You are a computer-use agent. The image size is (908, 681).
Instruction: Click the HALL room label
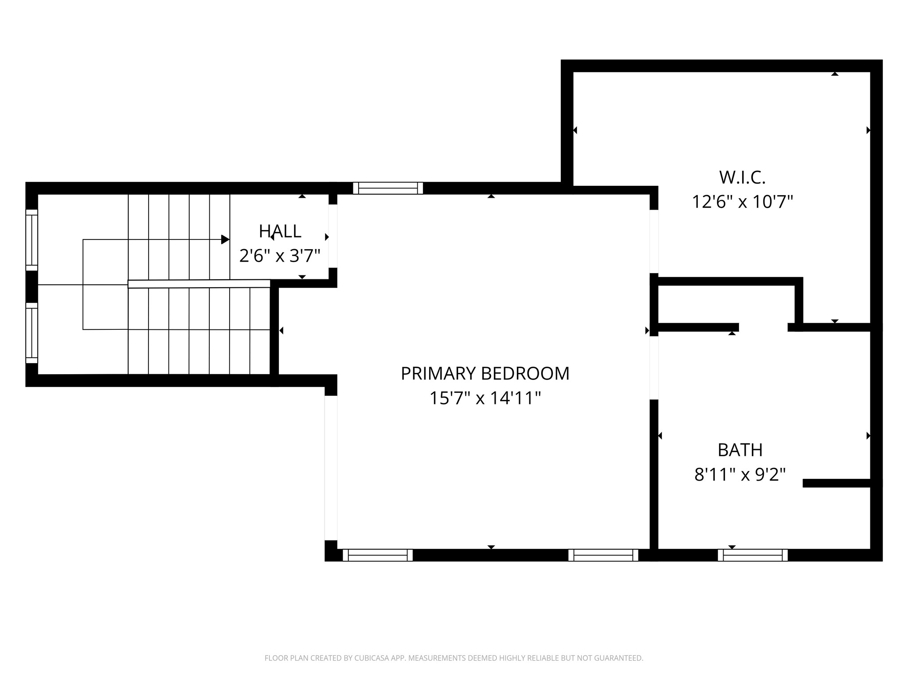[x=280, y=231]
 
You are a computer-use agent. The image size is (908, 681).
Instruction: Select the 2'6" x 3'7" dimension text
[x=280, y=256]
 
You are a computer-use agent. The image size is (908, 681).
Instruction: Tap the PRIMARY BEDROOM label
[x=485, y=373]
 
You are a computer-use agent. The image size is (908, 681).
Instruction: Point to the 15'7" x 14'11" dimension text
[x=485, y=398]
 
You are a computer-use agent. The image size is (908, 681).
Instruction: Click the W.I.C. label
[x=742, y=177]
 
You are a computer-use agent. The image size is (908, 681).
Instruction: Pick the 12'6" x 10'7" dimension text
[x=742, y=202]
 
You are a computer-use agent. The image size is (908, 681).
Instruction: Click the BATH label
[x=740, y=450]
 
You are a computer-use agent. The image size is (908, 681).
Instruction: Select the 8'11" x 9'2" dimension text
[x=740, y=475]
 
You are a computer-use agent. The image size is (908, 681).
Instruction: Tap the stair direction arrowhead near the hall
[x=225, y=239]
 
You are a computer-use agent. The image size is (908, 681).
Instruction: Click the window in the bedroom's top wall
[x=388, y=188]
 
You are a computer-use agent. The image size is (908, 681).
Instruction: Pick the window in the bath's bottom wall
[x=752, y=555]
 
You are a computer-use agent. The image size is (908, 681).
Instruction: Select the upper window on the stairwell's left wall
[x=31, y=240]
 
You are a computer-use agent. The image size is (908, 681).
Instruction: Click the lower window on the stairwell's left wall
[x=31, y=333]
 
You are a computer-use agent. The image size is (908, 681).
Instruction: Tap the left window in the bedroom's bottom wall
[x=378, y=555]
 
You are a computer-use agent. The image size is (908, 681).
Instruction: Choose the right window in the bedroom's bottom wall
[x=603, y=555]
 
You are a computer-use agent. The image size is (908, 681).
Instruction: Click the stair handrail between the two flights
[x=199, y=284]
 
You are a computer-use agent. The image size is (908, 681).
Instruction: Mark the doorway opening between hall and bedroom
[x=333, y=236]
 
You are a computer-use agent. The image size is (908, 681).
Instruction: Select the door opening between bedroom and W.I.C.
[x=654, y=241]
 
